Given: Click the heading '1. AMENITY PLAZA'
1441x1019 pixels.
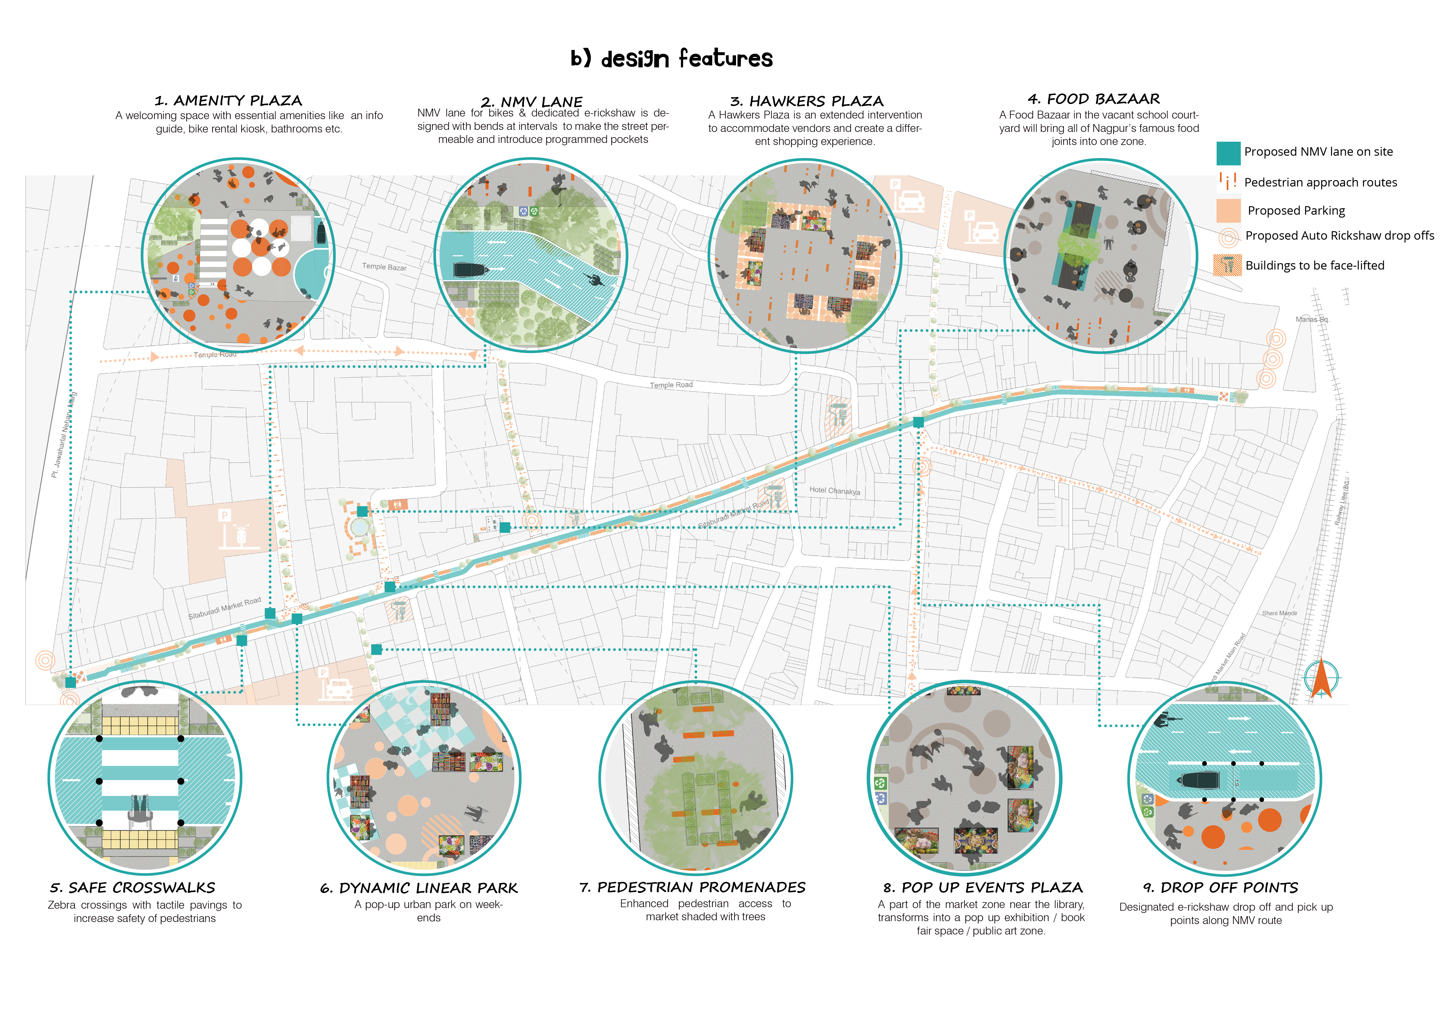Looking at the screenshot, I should click(x=228, y=101).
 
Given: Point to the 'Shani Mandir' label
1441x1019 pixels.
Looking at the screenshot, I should click(x=1279, y=613).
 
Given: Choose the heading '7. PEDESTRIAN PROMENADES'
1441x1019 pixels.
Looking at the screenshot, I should click(x=692, y=887).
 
